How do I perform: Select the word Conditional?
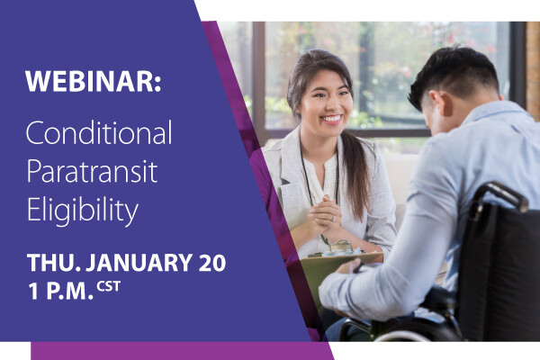click(98, 134)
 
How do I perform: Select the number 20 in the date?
click(212, 263)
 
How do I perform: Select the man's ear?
click(429, 107)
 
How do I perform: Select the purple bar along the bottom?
click(180, 350)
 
